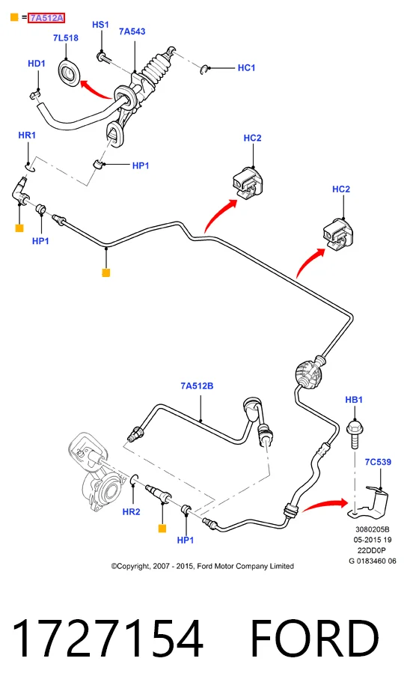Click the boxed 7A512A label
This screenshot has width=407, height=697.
coord(46,18)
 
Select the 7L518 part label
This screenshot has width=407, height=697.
coord(66,37)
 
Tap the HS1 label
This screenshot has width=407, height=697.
coord(100,25)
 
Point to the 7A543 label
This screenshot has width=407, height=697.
coord(132,31)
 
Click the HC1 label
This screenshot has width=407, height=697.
coord(247,68)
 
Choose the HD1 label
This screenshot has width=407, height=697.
coord(37,64)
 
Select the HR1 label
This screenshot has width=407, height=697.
coord(27,135)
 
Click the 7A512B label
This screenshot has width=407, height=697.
coord(197,386)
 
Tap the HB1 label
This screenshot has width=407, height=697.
coord(354,400)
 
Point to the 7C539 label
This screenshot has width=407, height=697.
coord(378,462)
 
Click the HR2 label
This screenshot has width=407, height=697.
coord(131,511)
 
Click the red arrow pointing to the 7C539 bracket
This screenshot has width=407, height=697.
coord(325,505)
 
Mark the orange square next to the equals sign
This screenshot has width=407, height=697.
coord(14,18)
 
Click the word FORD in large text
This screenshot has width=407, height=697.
coord(314,639)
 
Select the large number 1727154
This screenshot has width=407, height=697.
coord(108,639)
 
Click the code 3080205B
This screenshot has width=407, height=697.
coord(373,529)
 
